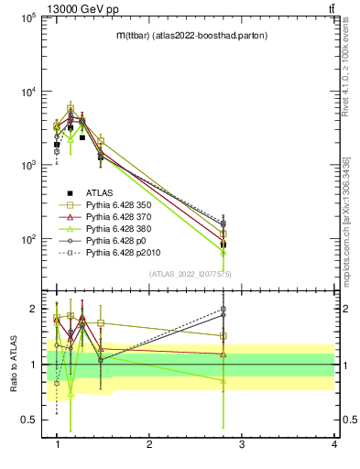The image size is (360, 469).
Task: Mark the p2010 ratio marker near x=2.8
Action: click(223, 310)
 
